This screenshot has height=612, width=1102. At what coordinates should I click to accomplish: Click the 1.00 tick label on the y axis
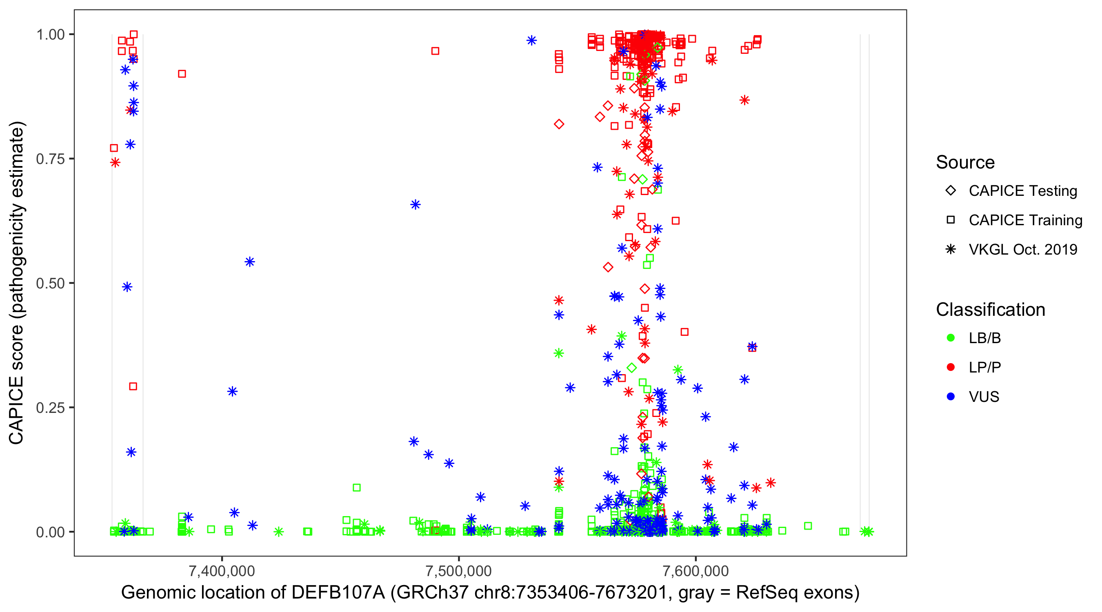[50, 34]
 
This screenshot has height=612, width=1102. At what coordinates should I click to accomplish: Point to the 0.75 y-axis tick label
[50, 159]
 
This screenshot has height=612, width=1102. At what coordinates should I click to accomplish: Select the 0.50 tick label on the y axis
[50, 283]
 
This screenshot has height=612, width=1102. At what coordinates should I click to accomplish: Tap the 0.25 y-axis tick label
[50, 408]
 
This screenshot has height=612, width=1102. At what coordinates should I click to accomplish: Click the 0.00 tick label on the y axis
[50, 532]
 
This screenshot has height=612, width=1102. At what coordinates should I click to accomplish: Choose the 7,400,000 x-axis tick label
[222, 571]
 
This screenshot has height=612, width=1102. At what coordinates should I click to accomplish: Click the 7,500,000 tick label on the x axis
[459, 571]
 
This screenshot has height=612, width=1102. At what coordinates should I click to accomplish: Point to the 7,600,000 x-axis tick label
[696, 571]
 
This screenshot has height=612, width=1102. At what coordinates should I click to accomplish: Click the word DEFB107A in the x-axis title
[338, 593]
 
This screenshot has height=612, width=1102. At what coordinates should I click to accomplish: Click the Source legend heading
[965, 162]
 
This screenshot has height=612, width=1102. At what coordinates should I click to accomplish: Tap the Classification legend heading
[990, 310]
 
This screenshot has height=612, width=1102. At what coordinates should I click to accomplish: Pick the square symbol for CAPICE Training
[951, 220]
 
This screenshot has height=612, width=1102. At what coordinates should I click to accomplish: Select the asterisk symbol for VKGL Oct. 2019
[951, 249]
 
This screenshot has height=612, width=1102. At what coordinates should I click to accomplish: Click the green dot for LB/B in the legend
[951, 338]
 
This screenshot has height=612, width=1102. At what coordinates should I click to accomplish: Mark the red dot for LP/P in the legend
[951, 367]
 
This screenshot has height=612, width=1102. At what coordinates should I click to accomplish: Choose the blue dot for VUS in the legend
[951, 397]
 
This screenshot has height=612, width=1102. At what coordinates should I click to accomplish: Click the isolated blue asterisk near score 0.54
[250, 262]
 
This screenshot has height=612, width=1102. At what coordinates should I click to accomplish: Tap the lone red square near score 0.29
[133, 387]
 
